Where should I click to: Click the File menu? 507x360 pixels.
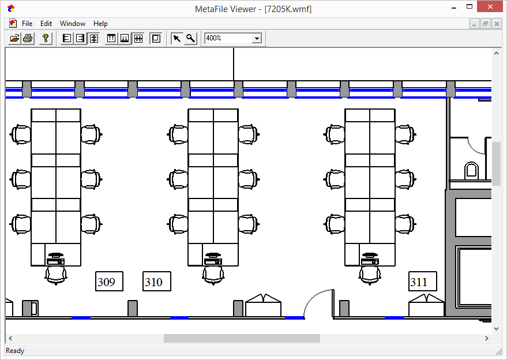(27, 24)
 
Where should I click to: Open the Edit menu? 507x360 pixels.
(46, 24)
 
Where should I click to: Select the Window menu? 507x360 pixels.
(73, 24)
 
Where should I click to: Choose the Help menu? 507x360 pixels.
(100, 24)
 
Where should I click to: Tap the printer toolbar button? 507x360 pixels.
(28, 39)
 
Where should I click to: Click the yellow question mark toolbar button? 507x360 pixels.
(46, 39)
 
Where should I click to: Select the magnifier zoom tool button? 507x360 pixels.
(190, 39)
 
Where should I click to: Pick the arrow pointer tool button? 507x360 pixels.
(177, 39)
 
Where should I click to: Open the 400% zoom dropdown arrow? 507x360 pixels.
(257, 39)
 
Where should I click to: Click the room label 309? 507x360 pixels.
(109, 282)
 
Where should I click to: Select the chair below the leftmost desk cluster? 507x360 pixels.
(56, 275)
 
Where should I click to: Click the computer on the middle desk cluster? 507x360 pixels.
(213, 259)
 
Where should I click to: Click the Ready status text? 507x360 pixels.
(15, 351)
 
